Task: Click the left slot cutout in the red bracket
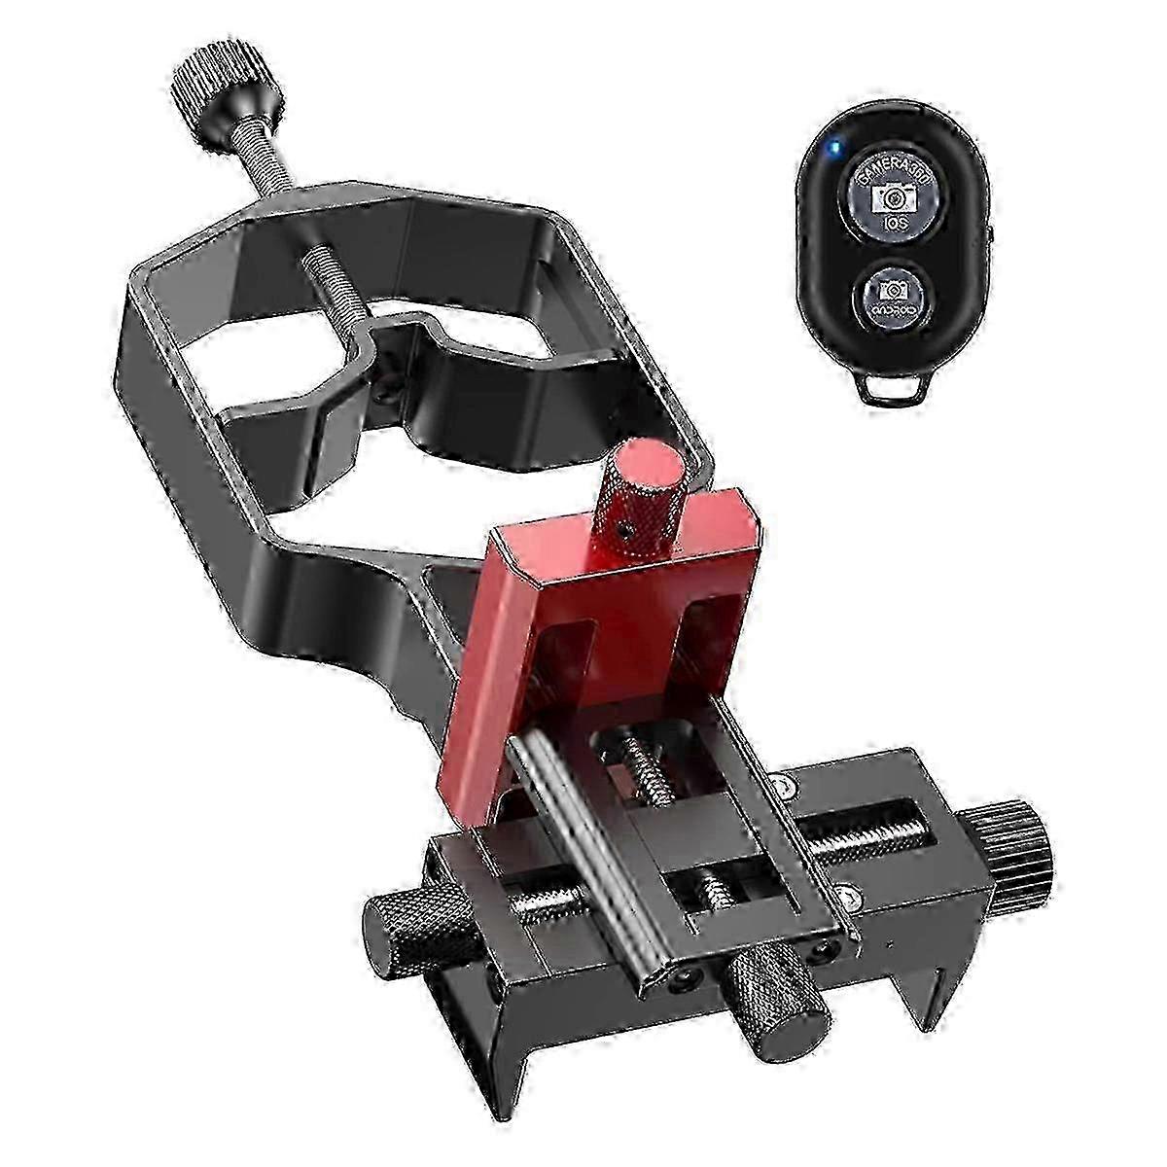(564, 661)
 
